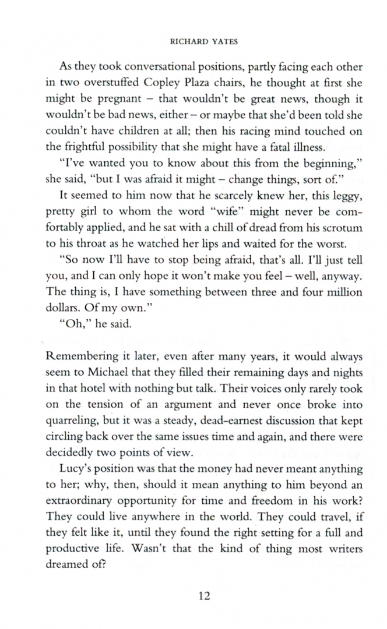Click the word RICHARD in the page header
click(181, 42)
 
